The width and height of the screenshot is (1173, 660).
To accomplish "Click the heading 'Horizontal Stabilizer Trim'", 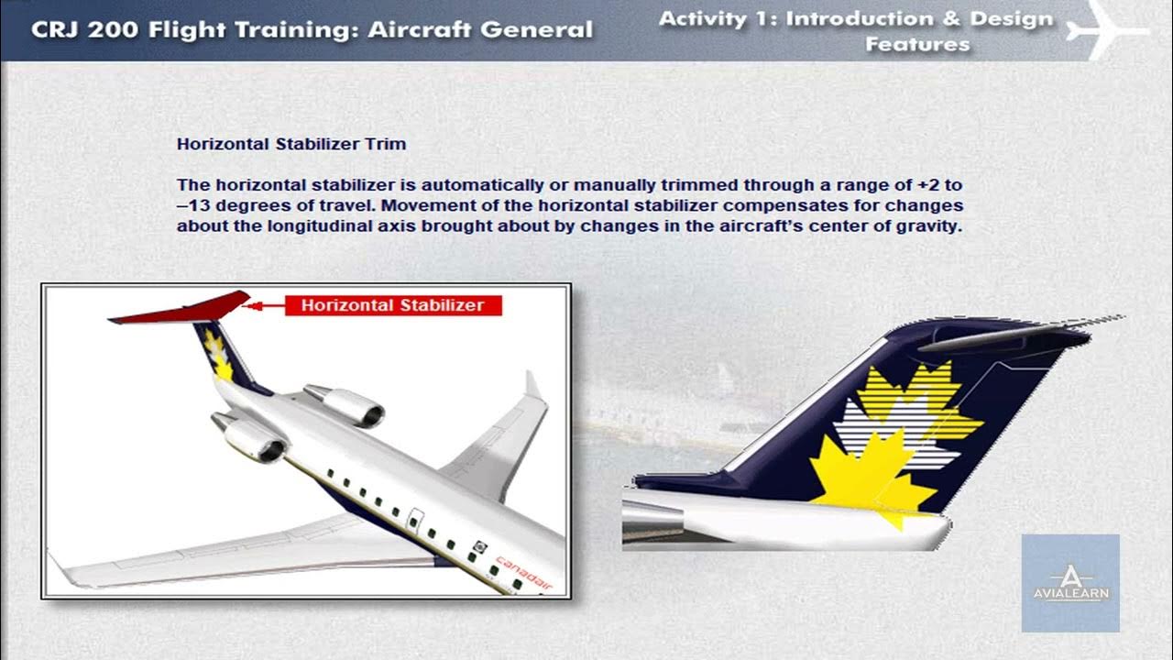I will tap(291, 144).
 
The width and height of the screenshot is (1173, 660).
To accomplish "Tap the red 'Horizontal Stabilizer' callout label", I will tap(393, 305).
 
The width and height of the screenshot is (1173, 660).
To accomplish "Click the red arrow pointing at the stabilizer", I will tap(265, 305).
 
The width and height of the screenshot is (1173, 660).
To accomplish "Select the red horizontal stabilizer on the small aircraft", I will tap(183, 309).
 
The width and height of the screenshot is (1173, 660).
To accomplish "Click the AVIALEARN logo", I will tap(1070, 583).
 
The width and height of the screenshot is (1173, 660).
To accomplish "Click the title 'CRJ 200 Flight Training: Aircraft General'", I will tap(312, 29).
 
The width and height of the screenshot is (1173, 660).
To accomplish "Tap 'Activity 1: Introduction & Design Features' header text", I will tap(856, 30).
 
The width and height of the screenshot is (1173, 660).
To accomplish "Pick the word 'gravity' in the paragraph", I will tap(933, 225).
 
